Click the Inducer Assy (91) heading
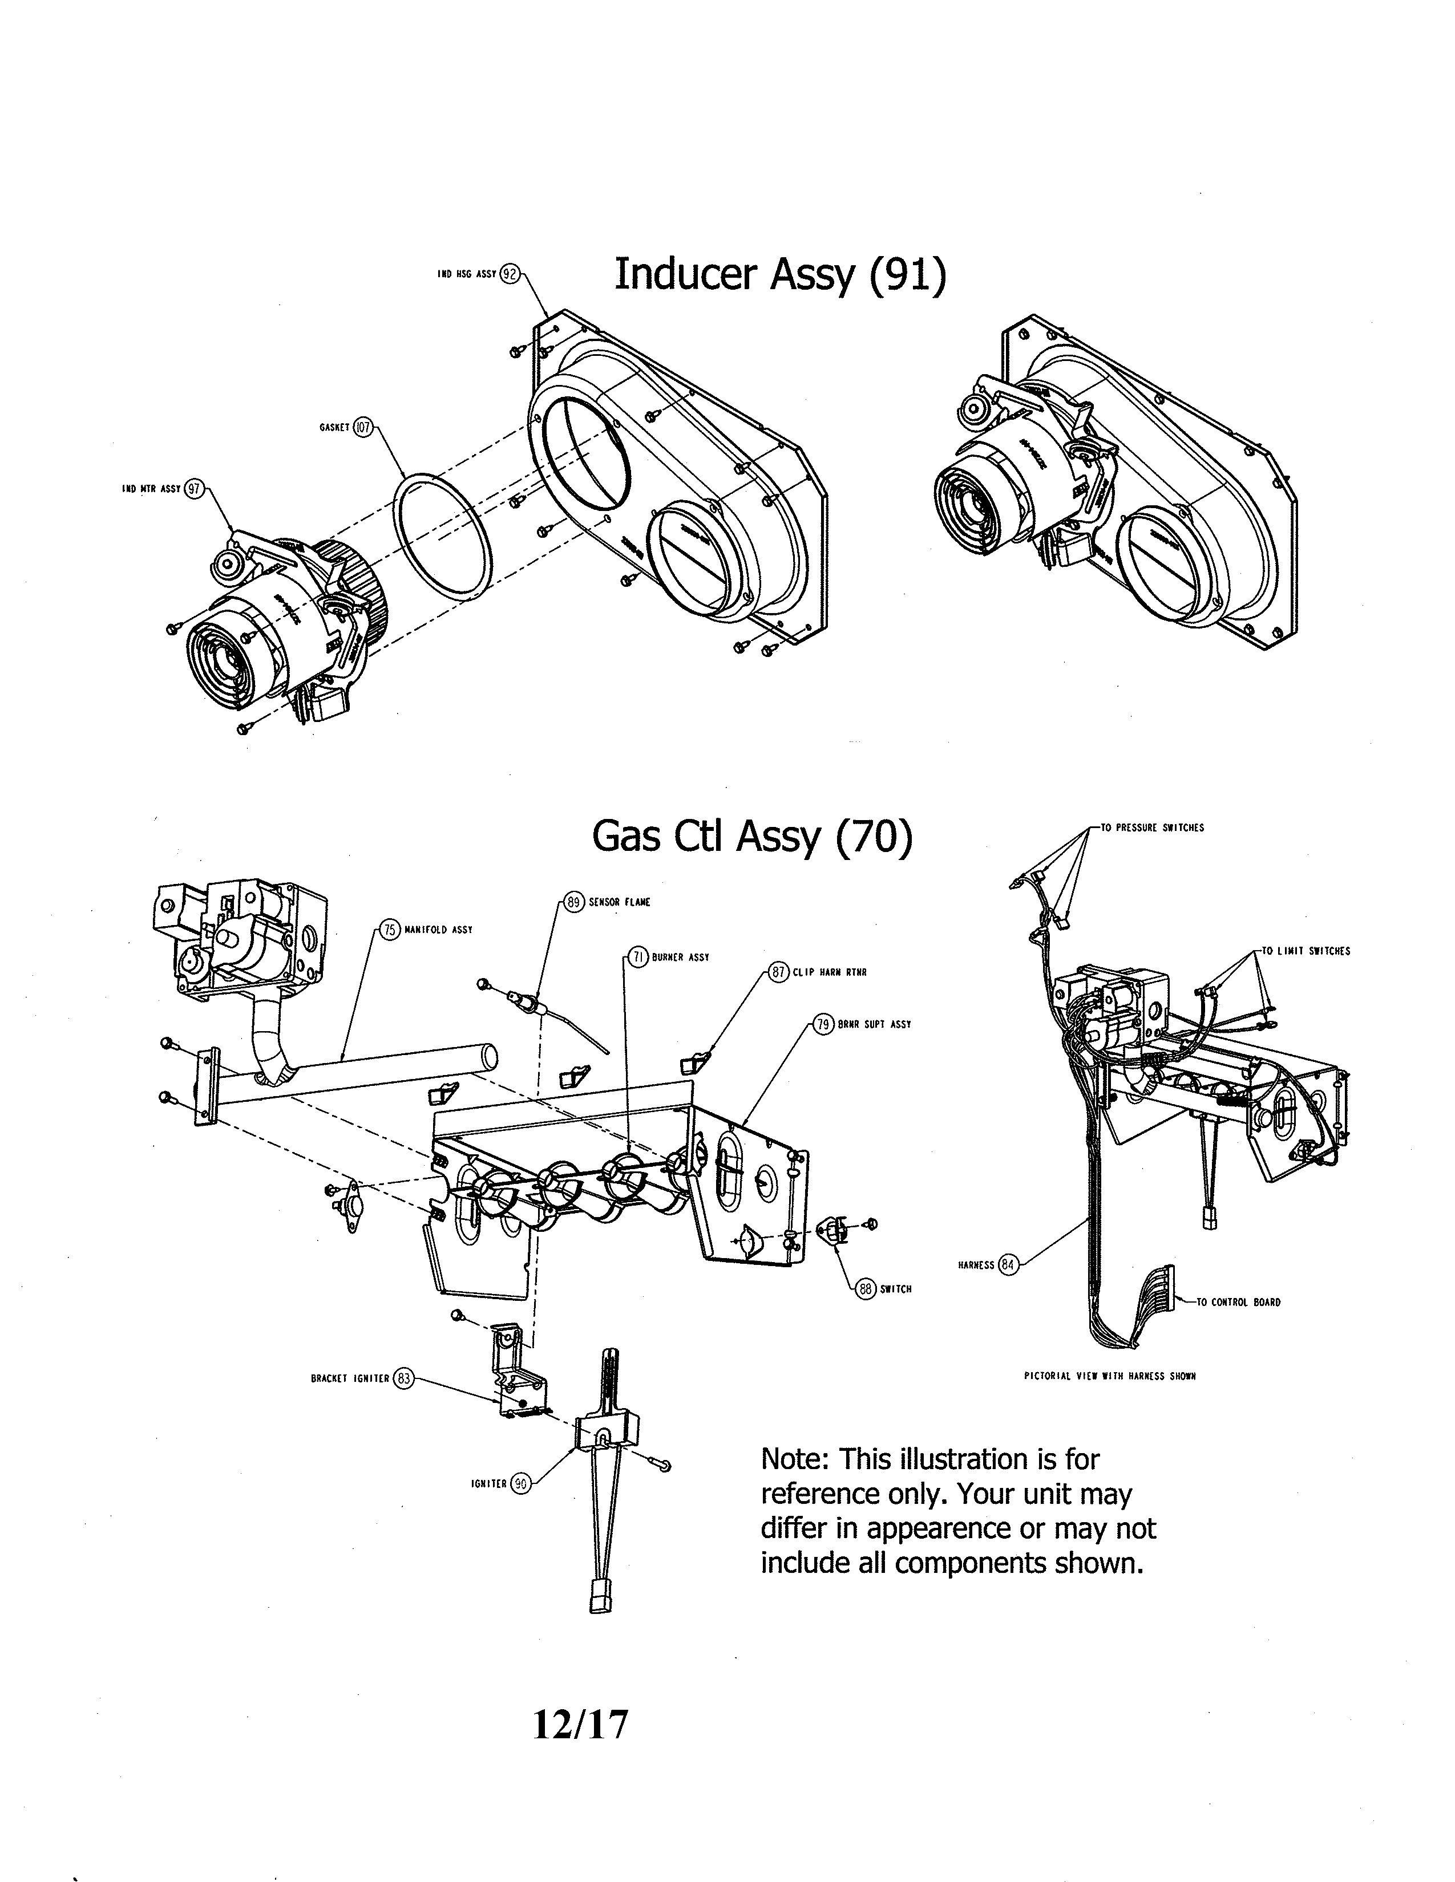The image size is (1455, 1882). click(x=779, y=275)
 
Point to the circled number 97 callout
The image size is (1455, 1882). click(x=194, y=489)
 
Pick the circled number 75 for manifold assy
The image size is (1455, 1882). click(x=390, y=930)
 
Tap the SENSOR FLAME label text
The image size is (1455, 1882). click(x=619, y=902)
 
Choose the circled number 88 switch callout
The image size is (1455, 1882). click(x=866, y=1289)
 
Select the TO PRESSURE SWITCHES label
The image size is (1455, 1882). click(x=1151, y=828)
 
